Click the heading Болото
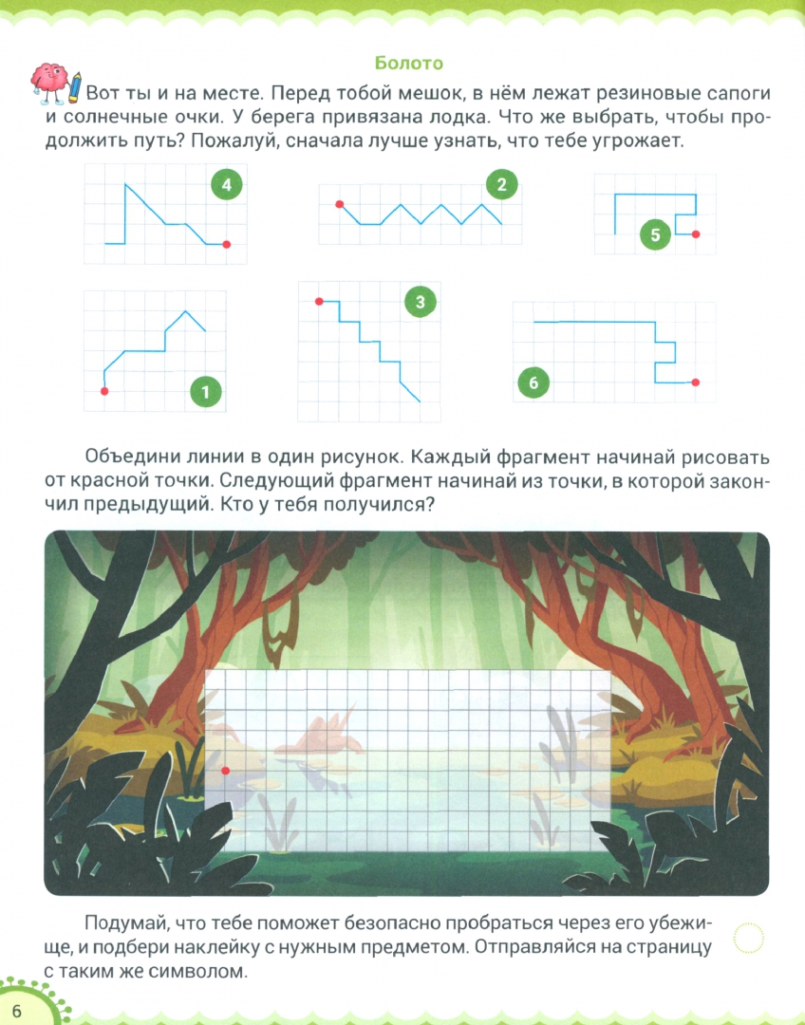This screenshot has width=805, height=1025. click(x=409, y=63)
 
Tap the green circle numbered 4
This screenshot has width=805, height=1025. click(x=226, y=185)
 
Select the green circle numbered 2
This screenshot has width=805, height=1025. click(x=501, y=185)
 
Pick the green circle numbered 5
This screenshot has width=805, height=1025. click(x=656, y=234)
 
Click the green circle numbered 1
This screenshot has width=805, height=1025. click(x=205, y=392)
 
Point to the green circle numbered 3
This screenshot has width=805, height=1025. click(x=420, y=302)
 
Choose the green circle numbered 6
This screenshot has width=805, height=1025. click(x=533, y=382)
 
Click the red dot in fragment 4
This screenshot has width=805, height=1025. click(x=226, y=245)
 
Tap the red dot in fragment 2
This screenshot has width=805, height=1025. click(x=340, y=205)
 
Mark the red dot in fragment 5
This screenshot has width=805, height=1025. click(x=696, y=234)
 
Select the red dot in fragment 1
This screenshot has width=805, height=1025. click(x=104, y=392)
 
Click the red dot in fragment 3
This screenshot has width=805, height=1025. click(x=319, y=302)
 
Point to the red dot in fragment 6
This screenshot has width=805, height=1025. click(x=695, y=382)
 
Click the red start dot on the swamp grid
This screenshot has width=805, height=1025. click(x=226, y=771)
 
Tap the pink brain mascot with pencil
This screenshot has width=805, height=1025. click(x=56, y=83)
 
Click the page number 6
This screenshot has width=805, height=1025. click(x=16, y=1012)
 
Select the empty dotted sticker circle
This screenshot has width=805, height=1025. click(x=749, y=938)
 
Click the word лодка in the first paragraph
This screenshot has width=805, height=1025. click(x=453, y=117)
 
